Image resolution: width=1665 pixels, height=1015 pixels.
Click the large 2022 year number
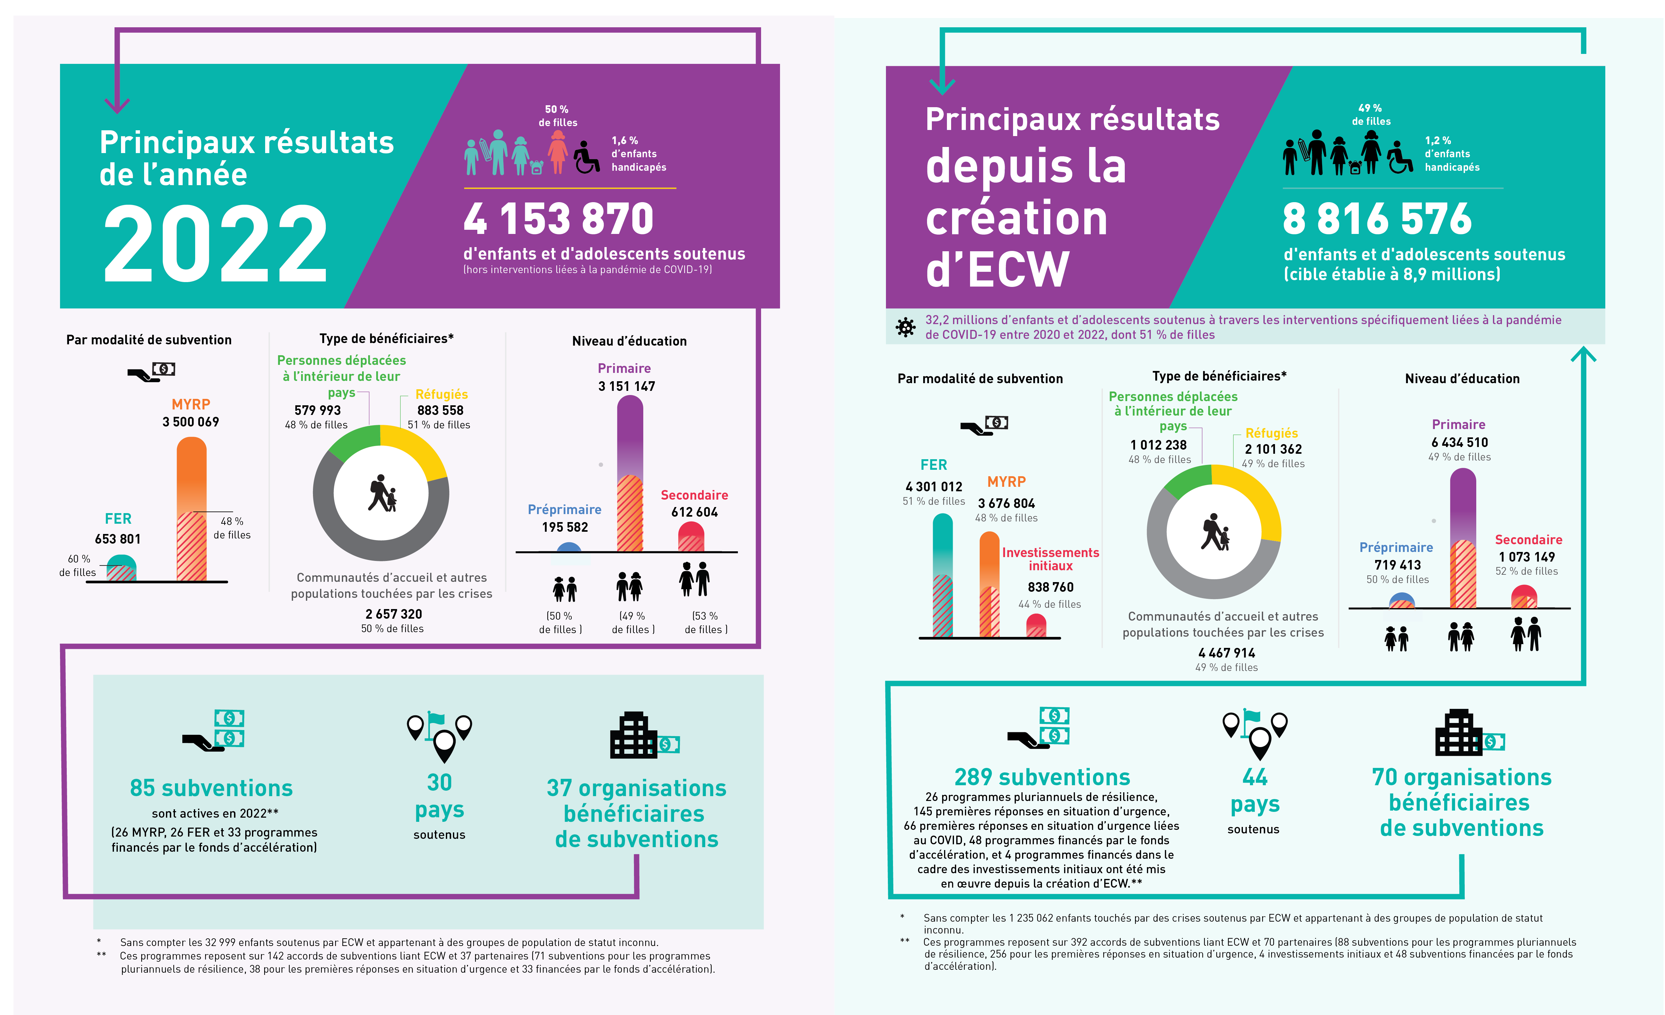(x=215, y=243)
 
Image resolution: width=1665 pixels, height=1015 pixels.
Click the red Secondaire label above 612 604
(x=694, y=495)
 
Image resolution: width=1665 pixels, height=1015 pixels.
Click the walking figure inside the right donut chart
(x=1214, y=532)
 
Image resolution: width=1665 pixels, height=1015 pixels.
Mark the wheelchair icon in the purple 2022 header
(x=586, y=157)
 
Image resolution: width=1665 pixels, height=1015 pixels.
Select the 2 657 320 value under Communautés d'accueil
(x=393, y=614)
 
